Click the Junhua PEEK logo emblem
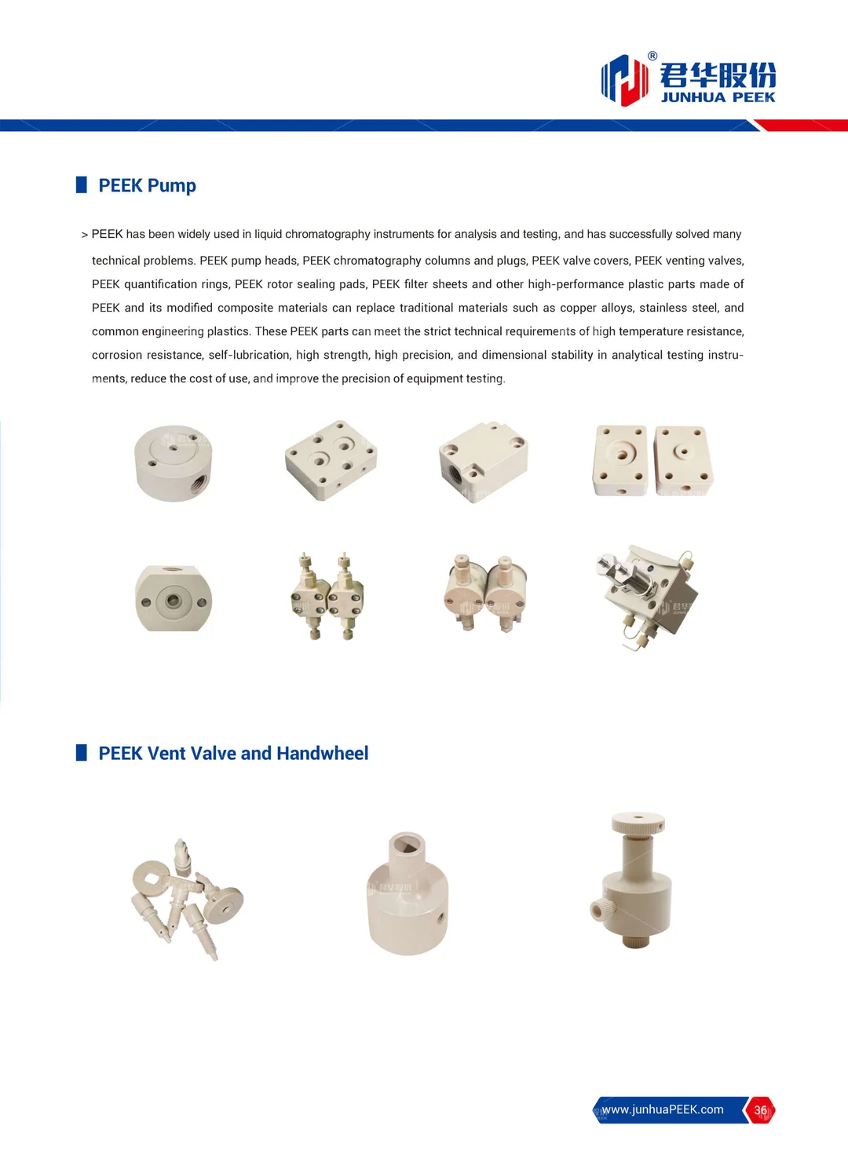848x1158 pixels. (624, 79)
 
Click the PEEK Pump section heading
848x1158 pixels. (147, 186)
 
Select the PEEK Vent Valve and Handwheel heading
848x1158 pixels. (233, 754)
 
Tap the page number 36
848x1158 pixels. (760, 1110)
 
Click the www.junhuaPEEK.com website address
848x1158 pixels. (663, 1109)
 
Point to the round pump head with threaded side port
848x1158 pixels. (173, 462)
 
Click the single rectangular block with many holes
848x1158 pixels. (331, 460)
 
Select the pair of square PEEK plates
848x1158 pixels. (652, 461)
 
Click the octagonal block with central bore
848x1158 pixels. (173, 599)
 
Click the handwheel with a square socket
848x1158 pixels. (408, 895)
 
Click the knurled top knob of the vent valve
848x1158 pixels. (638, 824)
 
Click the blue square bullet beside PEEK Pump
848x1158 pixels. (81, 185)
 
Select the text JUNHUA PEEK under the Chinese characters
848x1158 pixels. (718, 97)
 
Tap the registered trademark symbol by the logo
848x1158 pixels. (652, 56)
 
